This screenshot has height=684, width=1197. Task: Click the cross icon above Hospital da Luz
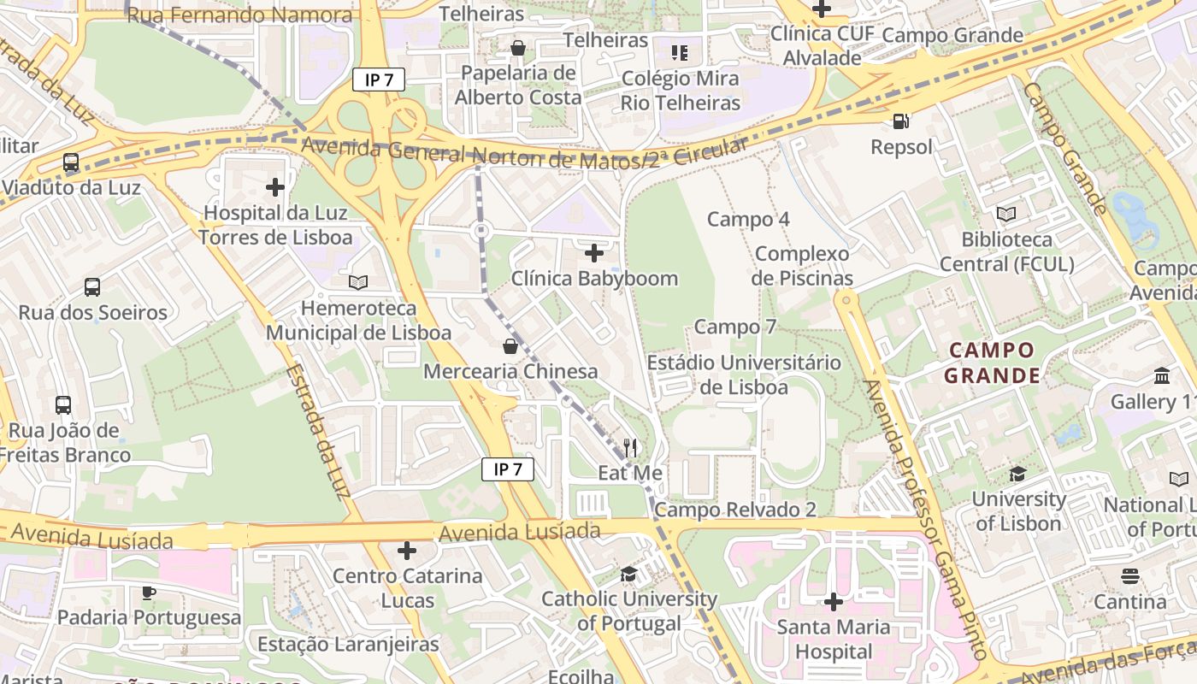click(x=275, y=186)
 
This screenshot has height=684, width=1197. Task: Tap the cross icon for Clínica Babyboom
click(x=594, y=253)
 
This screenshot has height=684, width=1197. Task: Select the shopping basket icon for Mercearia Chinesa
click(x=510, y=346)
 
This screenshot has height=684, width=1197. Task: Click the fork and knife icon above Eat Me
click(x=630, y=447)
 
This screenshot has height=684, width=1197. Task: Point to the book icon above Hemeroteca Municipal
click(x=358, y=282)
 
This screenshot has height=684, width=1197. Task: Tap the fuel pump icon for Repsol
click(x=900, y=121)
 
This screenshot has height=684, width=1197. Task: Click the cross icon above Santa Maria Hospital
click(x=833, y=602)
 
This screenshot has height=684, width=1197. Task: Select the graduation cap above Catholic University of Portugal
click(x=629, y=574)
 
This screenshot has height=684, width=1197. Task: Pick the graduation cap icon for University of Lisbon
click(x=1017, y=474)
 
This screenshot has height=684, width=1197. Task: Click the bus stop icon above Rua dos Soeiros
click(x=92, y=287)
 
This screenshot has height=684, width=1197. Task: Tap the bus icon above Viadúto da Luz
click(x=71, y=162)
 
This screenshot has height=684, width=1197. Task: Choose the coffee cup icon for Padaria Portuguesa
click(x=149, y=592)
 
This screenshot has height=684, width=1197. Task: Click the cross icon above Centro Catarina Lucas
click(x=407, y=551)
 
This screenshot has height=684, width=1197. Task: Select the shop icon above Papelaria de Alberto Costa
click(x=517, y=48)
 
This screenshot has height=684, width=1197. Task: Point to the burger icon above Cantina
click(x=1130, y=576)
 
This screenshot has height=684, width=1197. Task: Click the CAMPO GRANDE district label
click(x=992, y=363)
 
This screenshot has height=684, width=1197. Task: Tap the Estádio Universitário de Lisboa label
click(x=744, y=374)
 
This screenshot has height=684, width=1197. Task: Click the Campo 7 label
click(x=735, y=327)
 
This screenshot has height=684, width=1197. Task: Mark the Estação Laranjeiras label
click(x=348, y=644)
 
